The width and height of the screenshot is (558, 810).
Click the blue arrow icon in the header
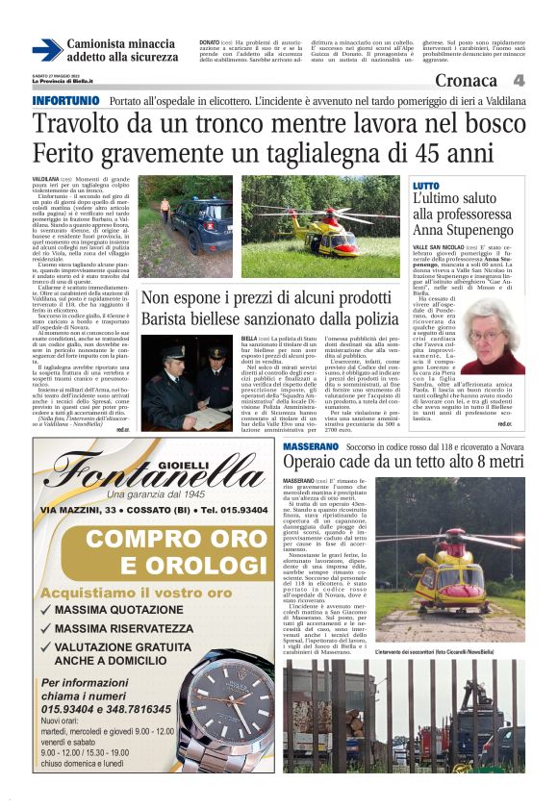click(x=46, y=49)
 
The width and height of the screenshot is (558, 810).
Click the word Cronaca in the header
click(x=467, y=82)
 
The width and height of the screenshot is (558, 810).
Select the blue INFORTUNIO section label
click(x=65, y=101)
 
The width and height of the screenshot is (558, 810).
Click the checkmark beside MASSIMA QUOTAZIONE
click(x=47, y=611)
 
